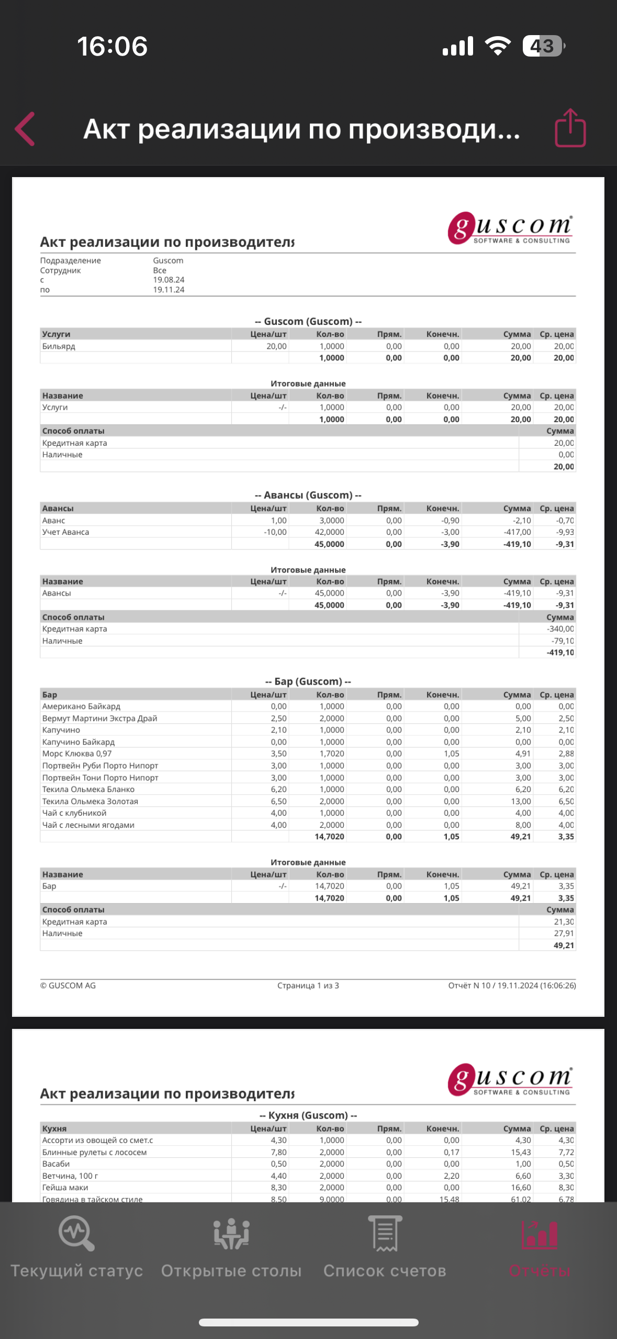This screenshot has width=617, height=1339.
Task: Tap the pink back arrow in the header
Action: click(x=25, y=129)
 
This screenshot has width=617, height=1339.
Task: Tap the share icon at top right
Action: click(x=570, y=128)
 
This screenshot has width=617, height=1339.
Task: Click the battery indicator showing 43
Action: click(x=543, y=46)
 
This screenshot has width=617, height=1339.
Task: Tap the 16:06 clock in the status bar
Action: click(x=113, y=46)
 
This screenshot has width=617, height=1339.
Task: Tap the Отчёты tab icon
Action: click(x=540, y=1234)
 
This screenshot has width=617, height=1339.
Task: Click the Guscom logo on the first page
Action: click(x=510, y=228)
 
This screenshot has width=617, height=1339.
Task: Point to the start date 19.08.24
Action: click(x=169, y=280)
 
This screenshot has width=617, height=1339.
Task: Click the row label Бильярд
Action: click(x=59, y=346)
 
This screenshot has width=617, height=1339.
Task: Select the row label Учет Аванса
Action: click(x=65, y=532)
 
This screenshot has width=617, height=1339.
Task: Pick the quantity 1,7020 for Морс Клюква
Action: click(x=332, y=753)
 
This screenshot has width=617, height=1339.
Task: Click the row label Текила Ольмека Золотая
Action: click(x=90, y=801)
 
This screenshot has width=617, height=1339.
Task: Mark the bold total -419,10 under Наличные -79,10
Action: click(x=560, y=652)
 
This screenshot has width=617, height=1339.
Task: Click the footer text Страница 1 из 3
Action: click(x=308, y=985)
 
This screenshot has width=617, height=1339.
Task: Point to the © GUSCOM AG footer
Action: click(x=68, y=985)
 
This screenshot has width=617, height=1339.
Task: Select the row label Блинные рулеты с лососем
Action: click(x=94, y=1152)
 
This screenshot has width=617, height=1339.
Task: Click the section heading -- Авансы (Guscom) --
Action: click(x=308, y=495)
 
